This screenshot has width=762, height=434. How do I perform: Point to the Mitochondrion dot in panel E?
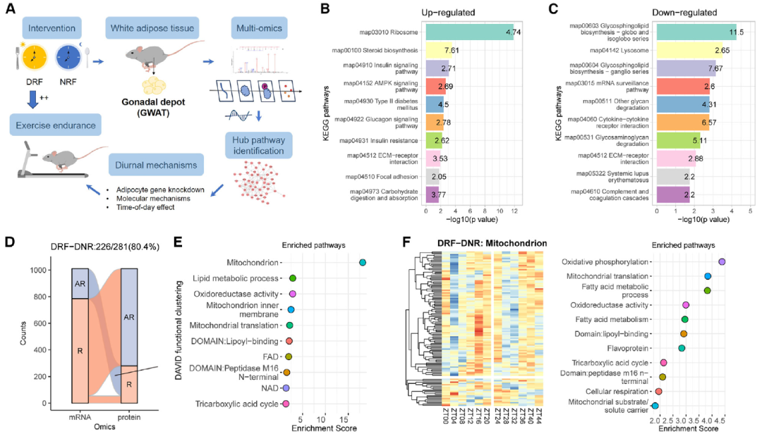coord(362,262)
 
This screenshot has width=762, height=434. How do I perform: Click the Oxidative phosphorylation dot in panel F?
coord(722,262)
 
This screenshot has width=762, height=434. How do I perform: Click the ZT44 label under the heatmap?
coord(539,414)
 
